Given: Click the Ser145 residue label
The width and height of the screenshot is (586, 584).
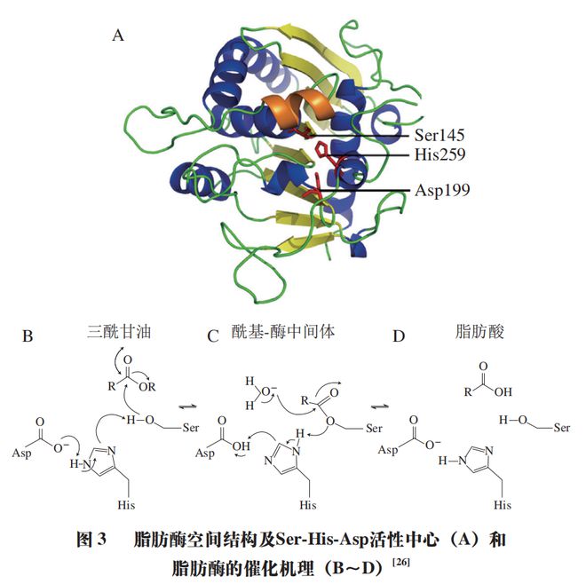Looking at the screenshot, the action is (x=439, y=135).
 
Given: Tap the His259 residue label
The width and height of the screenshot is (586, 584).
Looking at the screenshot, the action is (x=439, y=154).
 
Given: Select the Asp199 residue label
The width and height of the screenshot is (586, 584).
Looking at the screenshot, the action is (x=442, y=190).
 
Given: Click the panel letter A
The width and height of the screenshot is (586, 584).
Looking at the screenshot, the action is (x=118, y=36).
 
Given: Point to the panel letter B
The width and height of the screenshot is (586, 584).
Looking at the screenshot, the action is (x=28, y=335).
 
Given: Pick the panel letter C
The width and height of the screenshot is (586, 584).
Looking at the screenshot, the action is (x=213, y=336).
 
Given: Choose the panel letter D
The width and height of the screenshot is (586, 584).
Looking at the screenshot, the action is (x=399, y=336).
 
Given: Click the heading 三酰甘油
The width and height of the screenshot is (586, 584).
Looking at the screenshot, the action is (x=119, y=331).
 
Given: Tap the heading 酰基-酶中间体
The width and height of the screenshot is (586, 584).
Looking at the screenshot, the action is (x=283, y=331).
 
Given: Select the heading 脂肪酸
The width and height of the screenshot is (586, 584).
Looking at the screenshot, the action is (x=479, y=331).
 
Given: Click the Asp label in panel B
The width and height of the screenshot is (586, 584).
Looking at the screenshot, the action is (x=21, y=454).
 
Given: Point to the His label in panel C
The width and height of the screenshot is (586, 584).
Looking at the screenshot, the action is (x=308, y=505).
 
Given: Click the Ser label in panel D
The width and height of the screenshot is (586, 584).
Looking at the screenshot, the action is (x=562, y=428).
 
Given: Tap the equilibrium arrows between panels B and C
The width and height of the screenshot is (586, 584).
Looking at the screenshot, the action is (x=187, y=406).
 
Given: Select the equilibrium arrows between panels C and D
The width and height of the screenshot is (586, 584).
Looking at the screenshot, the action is (x=380, y=406).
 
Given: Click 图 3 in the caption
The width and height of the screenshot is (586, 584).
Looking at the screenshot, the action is (x=91, y=540).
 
